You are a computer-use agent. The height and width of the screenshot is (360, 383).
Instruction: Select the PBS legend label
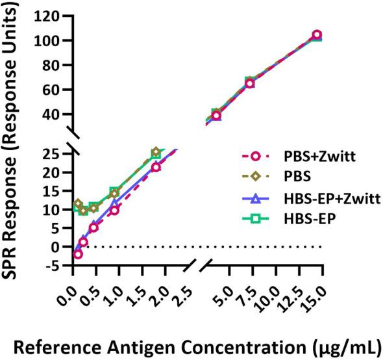(x=278, y=175)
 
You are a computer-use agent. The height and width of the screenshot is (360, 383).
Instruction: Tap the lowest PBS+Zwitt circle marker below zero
(x=78, y=254)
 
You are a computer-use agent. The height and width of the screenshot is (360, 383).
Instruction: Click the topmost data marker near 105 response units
(x=317, y=35)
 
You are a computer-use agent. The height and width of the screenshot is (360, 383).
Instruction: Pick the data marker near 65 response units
(x=250, y=83)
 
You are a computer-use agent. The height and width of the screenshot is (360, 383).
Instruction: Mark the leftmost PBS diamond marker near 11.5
(x=78, y=204)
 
